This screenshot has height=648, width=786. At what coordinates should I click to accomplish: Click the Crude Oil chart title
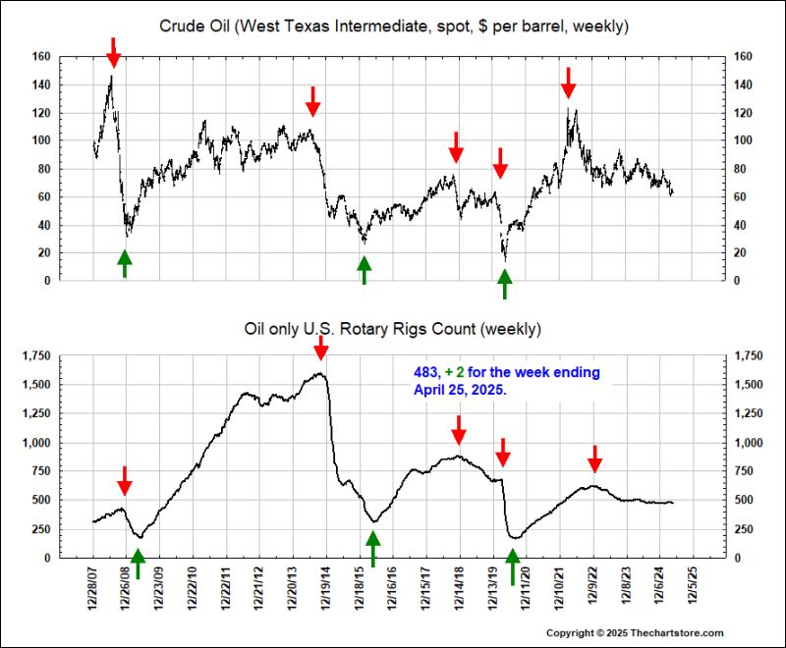pos(394,25)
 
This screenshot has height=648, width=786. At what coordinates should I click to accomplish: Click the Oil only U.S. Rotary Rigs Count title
pos(393,327)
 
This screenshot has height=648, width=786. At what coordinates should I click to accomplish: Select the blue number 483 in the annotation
pos(424,373)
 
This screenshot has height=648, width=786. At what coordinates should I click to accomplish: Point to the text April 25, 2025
pos(461,389)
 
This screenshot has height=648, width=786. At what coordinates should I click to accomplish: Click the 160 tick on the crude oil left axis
pos(39,57)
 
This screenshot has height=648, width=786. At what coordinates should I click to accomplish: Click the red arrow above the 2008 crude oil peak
pos(113,52)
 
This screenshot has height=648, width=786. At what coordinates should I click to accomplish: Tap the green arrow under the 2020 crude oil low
pos(504,284)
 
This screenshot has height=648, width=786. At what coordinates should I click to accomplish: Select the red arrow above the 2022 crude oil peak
pos(568,81)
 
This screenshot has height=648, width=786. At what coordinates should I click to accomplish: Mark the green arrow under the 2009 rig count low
pos(138,563)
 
